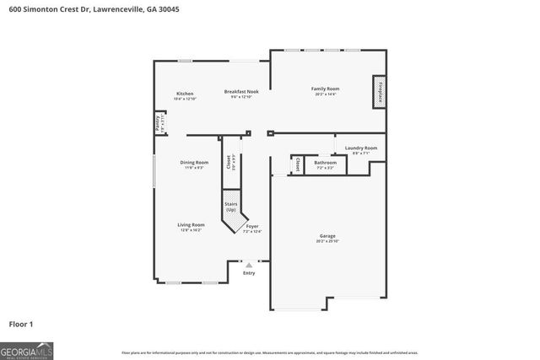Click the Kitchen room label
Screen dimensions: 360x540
[185, 94]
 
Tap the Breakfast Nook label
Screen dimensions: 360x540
[241, 92]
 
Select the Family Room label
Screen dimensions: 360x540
[325, 89]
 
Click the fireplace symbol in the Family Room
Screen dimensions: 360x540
[378, 92]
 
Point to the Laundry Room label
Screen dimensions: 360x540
[360, 148]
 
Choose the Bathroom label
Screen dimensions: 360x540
[325, 163]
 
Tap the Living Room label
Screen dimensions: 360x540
[191, 225]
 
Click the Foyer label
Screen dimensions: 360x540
[252, 227]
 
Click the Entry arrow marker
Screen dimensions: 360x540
[248, 265]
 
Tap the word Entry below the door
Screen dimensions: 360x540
[248, 273]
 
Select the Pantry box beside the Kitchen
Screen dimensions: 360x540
[157, 123]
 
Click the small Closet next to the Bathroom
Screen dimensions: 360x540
[297, 164]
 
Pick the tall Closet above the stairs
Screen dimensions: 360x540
[229, 163]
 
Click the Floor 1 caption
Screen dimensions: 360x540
[21, 323]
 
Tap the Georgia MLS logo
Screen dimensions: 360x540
[27, 348]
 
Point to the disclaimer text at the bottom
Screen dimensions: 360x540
[269, 352]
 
